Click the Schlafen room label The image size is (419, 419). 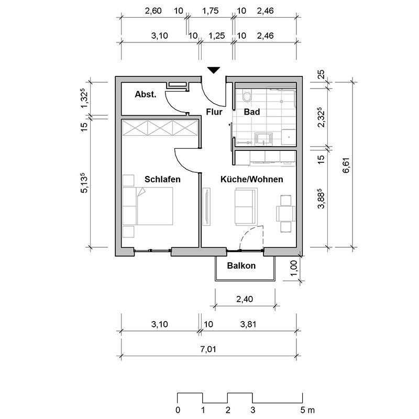pos(162,179)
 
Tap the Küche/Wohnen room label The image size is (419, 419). pos(252,179)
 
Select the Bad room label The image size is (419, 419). pos(252,112)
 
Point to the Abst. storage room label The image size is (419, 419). pos(146,94)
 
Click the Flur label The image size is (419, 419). pos(214,112)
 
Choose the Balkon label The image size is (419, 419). pos(241,266)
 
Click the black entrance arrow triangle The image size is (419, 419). pos(214,70)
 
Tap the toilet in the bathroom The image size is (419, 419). pos(247,95)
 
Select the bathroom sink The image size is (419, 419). pos(264,139)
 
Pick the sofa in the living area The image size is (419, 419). pos(246,206)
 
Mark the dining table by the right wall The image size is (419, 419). pos(285,214)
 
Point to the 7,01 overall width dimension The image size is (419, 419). pos(208,349)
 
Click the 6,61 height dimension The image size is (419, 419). pos(346,166)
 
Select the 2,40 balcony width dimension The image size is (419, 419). pos(245,299)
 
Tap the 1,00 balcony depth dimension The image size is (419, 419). pos(293,268)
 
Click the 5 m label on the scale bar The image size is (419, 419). pos(307,410)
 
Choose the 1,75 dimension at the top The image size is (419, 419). pos(211,11)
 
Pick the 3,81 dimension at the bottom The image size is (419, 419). pos(248,324)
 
